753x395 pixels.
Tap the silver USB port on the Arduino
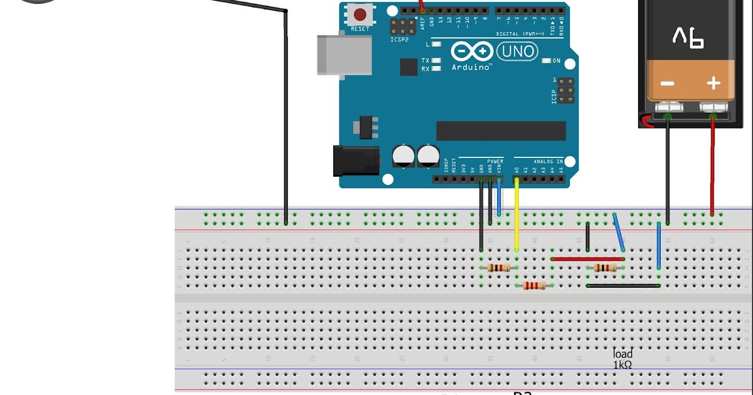point(331,56)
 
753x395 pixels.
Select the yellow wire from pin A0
point(516,216)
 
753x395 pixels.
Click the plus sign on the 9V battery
point(713,83)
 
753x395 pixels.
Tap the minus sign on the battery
point(667,84)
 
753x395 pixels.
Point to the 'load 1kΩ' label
point(622,359)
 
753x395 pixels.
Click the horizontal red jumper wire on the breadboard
point(587,258)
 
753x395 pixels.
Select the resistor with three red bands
point(534,286)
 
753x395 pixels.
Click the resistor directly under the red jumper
point(605,268)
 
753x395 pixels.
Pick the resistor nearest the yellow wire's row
point(499,268)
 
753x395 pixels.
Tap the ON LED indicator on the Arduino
point(555,61)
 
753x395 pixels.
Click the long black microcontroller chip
point(501,130)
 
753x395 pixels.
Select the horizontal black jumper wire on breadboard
point(622,286)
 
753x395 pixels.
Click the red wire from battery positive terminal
point(712,166)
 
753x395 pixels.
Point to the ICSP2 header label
point(400,39)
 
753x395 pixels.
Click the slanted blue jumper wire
point(619,232)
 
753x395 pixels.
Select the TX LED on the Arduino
point(435,61)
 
